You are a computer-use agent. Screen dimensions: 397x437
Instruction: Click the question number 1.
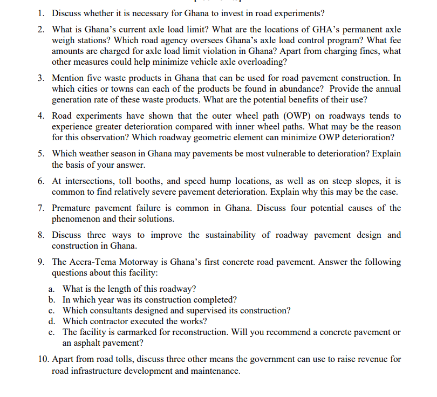(x=41, y=12)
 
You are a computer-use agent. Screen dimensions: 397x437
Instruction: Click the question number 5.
(x=41, y=154)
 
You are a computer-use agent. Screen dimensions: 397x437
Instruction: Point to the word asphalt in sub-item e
(x=77, y=343)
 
